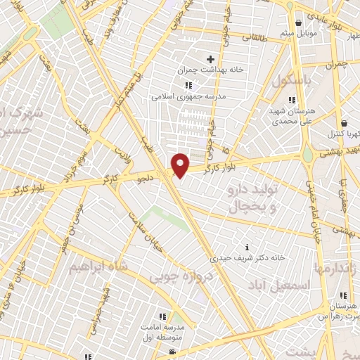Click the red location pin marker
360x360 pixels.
point(181,165)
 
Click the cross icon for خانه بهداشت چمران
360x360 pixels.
point(210,58)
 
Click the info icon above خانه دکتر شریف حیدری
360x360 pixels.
point(247,247)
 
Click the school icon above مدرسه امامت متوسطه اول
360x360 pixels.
point(162,316)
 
